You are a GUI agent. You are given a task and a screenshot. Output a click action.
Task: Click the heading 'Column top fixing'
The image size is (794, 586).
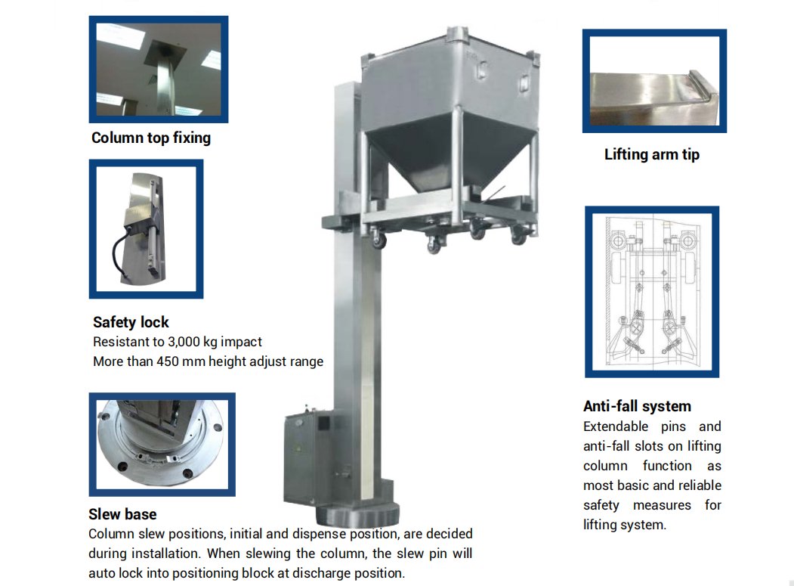151,138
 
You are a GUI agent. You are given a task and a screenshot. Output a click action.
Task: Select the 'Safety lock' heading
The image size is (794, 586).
131,322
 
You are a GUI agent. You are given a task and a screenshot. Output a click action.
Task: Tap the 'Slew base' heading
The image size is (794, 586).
122,514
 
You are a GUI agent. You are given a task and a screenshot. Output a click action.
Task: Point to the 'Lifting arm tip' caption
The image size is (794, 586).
652,154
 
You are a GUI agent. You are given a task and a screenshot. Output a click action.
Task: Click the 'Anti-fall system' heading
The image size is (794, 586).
637,406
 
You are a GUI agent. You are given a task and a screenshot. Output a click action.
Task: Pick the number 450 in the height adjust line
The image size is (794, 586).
168,361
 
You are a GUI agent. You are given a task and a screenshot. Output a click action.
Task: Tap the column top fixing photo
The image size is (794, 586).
159,70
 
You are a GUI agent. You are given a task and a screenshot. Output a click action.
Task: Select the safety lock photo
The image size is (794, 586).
146,229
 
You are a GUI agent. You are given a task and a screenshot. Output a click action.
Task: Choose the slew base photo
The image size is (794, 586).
162,445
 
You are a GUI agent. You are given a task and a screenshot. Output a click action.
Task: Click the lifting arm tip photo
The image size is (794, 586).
654,81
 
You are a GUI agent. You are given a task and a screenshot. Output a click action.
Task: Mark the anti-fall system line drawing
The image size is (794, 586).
652,291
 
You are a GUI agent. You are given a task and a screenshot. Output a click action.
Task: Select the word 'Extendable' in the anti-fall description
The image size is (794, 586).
616,426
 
